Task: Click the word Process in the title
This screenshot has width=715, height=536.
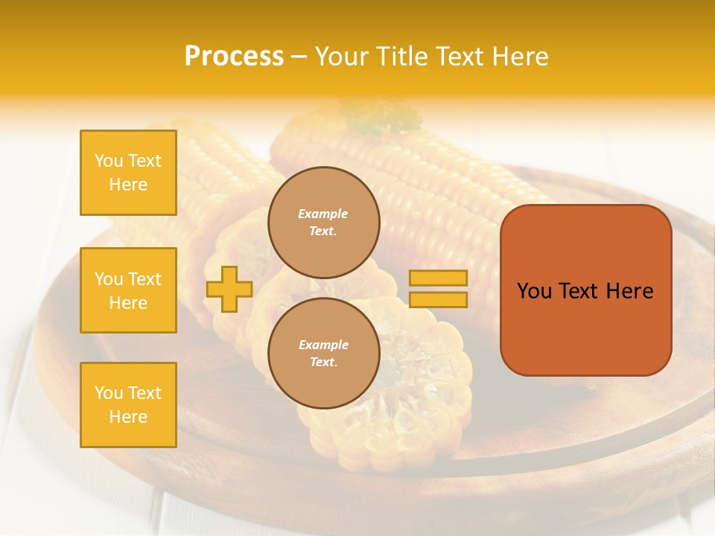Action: click(x=234, y=57)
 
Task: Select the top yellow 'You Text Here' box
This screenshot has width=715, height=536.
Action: click(x=128, y=173)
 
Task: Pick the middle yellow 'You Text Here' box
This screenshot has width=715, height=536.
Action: click(x=128, y=290)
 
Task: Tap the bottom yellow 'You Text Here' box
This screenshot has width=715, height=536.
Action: click(x=128, y=405)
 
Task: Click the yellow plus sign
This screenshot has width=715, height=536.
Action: click(x=229, y=289)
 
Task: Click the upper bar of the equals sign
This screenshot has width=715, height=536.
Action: click(x=438, y=278)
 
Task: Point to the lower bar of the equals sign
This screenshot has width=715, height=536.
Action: click(x=438, y=300)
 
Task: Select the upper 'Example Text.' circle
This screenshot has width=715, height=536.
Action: click(x=323, y=222)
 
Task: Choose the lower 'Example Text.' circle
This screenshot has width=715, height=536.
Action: click(x=323, y=353)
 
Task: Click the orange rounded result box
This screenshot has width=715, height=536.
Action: click(x=585, y=290)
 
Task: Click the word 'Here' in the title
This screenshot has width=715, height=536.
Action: click(x=519, y=57)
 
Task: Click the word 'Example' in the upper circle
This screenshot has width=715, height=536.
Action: click(x=323, y=214)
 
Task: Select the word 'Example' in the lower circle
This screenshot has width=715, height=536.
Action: click(x=323, y=345)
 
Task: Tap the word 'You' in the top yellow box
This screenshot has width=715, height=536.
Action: click(x=108, y=161)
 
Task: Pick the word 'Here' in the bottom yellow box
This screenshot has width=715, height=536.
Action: click(x=128, y=417)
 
